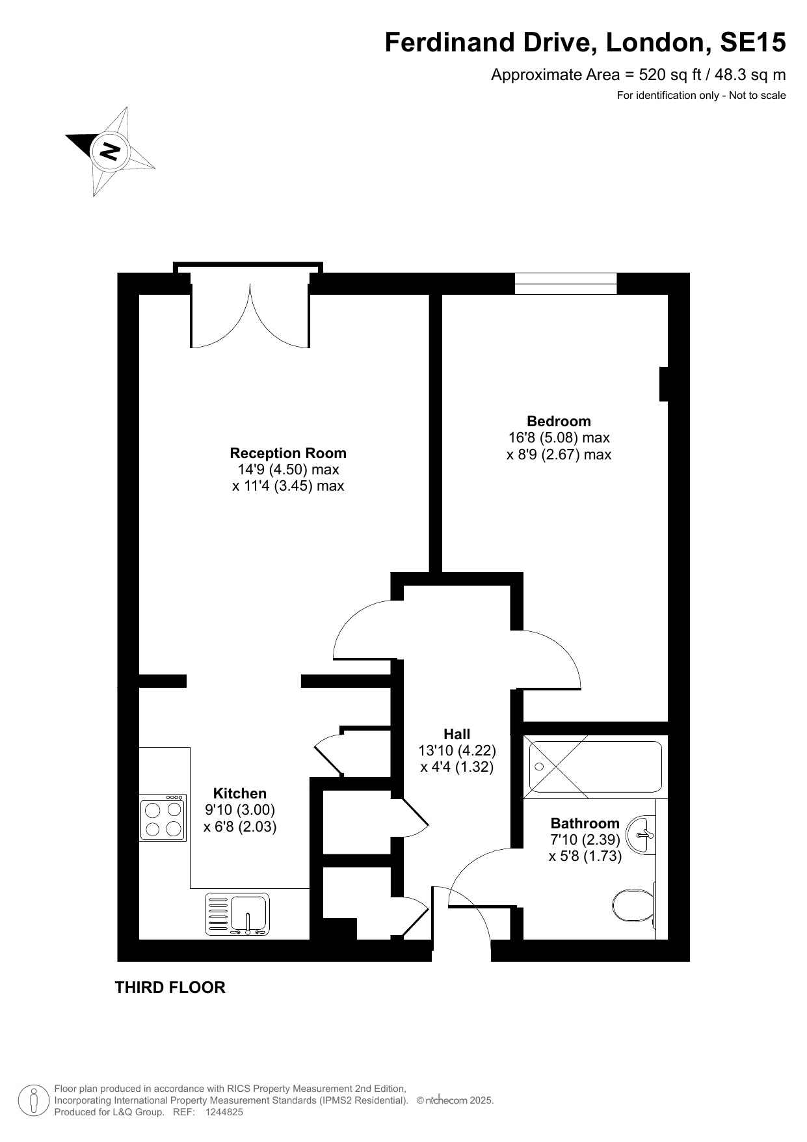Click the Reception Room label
pyautogui.click(x=288, y=453)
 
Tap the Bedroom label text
pyautogui.click(x=559, y=421)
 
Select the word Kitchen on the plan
pyautogui.click(x=240, y=793)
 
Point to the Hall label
pyautogui.click(x=457, y=734)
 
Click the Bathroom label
pyautogui.click(x=585, y=823)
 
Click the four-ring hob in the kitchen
pyautogui.click(x=163, y=818)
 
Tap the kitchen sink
pyautogui.click(x=237, y=914)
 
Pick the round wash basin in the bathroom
pyautogui.click(x=641, y=834)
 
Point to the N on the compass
pyautogui.click(x=109, y=151)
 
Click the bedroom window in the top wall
pyautogui.click(x=566, y=284)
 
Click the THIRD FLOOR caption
pyautogui.click(x=170, y=987)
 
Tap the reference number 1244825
pyautogui.click(x=224, y=1112)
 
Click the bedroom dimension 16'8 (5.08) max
pyautogui.click(x=559, y=438)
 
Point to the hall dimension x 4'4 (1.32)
pyautogui.click(x=457, y=767)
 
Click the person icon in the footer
pyautogui.click(x=33, y=1100)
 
